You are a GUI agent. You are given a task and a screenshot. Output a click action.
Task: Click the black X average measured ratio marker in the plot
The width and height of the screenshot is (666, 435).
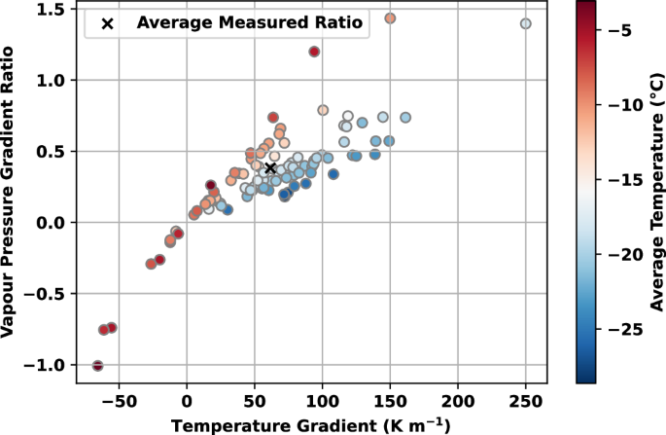[271, 167]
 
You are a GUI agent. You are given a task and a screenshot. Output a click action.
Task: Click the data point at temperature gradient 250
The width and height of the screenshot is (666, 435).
[526, 23]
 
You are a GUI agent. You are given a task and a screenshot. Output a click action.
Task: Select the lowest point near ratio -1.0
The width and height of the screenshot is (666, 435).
[97, 366]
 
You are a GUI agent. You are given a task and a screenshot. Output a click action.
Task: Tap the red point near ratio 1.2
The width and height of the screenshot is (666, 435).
[314, 52]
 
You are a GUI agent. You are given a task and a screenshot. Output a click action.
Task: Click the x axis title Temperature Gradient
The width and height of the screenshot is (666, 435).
[311, 424]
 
